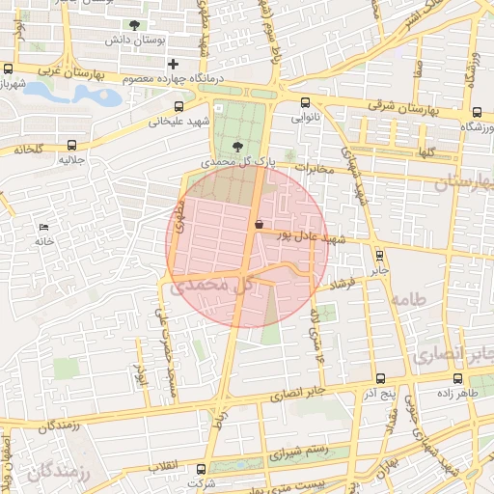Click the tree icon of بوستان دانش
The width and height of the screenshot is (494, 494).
point(133,25)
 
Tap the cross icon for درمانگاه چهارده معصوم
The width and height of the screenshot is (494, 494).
point(172,64)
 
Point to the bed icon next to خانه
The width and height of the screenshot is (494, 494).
point(44,228)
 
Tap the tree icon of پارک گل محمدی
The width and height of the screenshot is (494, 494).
point(237,146)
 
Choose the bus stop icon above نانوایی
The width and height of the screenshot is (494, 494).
point(306,102)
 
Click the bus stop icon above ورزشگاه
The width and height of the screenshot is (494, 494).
point(478,111)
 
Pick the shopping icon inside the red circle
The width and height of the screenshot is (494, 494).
point(260,224)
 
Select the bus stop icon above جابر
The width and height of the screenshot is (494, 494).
point(378,256)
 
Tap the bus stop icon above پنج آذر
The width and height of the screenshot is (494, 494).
point(378,379)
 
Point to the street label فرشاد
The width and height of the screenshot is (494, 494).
point(343,286)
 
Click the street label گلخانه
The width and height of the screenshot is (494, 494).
point(29,151)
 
